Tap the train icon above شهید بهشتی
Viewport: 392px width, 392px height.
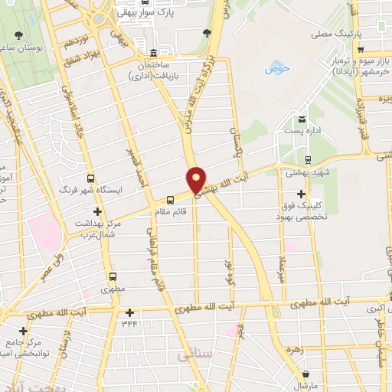(x=307, y=160)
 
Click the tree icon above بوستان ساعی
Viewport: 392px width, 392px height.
(x=16, y=35)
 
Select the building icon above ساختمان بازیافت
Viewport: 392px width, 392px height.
(x=153, y=53)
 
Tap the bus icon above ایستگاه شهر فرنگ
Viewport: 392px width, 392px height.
(x=91, y=178)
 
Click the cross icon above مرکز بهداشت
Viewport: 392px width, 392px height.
(x=96, y=211)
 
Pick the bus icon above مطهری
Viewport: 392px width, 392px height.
(x=113, y=276)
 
